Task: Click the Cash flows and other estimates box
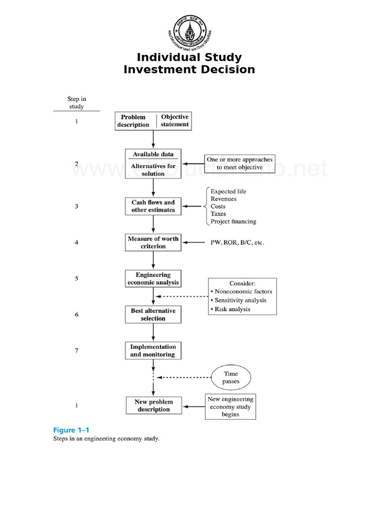pyautogui.click(x=153, y=206)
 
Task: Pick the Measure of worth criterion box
pyautogui.click(x=153, y=242)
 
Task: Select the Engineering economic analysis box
pyautogui.click(x=153, y=279)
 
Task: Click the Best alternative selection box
pyautogui.click(x=153, y=315)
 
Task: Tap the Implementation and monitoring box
pyautogui.click(x=153, y=351)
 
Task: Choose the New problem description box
pyautogui.click(x=153, y=405)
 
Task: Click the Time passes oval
pyautogui.click(x=230, y=378)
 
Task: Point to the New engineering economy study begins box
pyautogui.click(x=230, y=407)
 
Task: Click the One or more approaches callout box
pyautogui.click(x=239, y=163)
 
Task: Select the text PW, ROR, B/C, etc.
pyautogui.click(x=237, y=242)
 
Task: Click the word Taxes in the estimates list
pyautogui.click(x=218, y=214)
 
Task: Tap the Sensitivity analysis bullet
pyautogui.click(x=240, y=300)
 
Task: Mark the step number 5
pyautogui.click(x=76, y=278)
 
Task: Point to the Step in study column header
pyautogui.click(x=76, y=103)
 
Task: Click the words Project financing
pyautogui.click(x=233, y=222)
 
